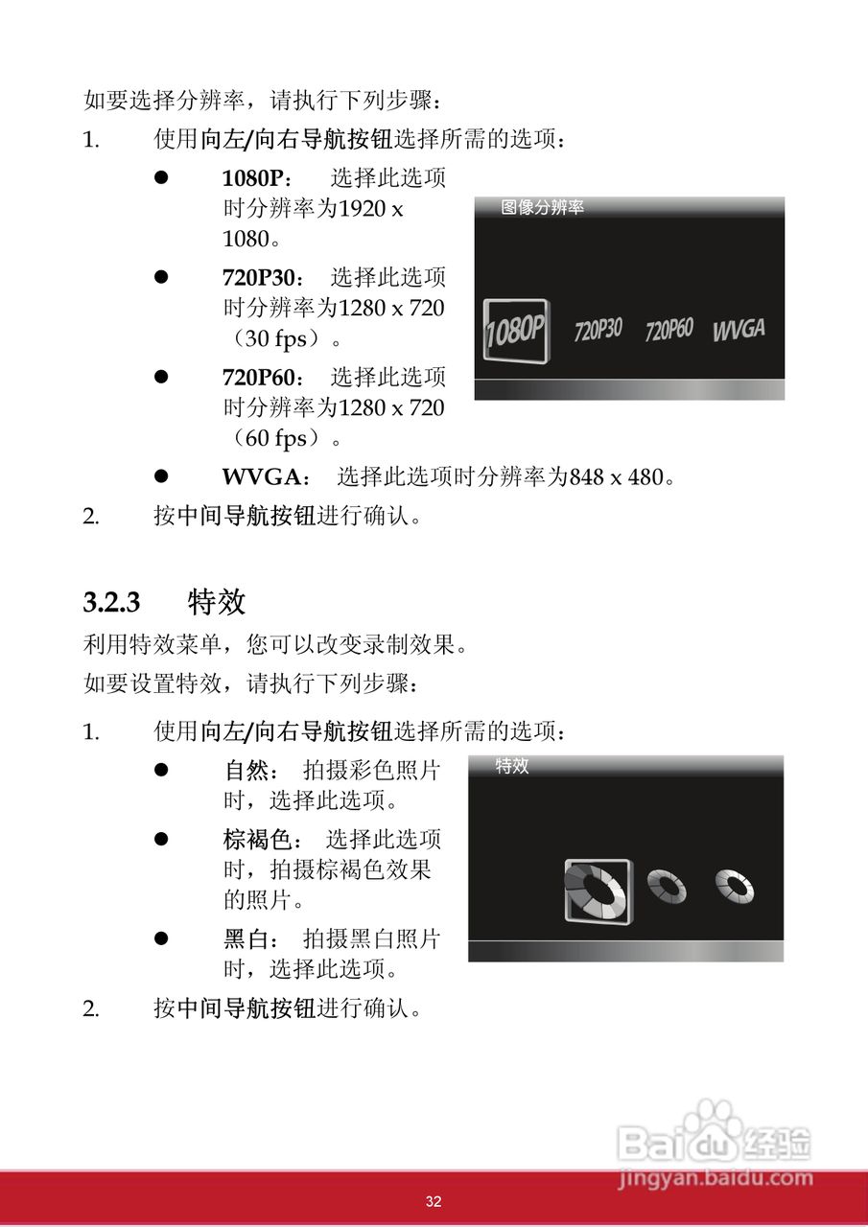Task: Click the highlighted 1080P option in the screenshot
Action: (516, 331)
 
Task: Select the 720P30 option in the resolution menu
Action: (598, 331)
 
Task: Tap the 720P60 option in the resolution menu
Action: (669, 331)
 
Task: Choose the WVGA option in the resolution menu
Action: (739, 330)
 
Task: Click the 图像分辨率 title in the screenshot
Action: (542, 207)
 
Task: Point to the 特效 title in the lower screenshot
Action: (512, 766)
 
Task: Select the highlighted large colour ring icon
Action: (597, 891)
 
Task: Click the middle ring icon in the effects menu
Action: (667, 887)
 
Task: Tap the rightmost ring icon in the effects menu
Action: (735, 886)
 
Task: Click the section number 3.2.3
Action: (111, 603)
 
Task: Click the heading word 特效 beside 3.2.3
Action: (218, 602)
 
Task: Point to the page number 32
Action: (434, 1201)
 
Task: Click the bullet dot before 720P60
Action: (162, 377)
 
